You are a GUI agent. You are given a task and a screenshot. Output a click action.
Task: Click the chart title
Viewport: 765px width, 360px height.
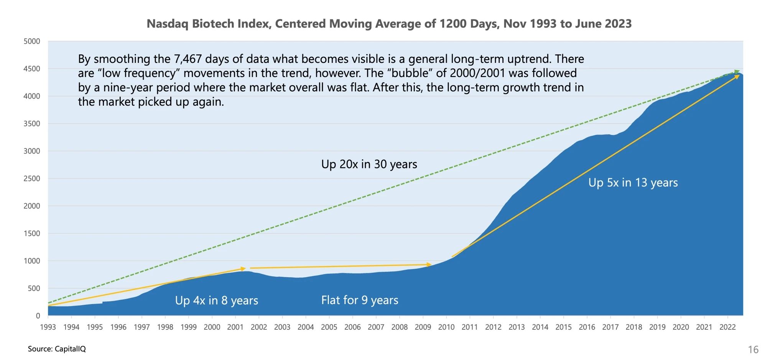tap(389, 24)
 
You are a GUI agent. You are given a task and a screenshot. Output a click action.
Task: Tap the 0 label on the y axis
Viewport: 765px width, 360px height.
tap(38, 316)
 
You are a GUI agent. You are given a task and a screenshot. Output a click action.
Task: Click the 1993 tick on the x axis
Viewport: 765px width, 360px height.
tap(48, 327)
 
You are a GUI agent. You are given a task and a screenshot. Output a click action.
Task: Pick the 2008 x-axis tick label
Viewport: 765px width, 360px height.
tap(399, 327)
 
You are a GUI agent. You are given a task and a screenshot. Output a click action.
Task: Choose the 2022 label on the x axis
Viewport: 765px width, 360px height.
tap(727, 327)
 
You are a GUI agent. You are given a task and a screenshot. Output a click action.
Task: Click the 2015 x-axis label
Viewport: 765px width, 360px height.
tap(563, 327)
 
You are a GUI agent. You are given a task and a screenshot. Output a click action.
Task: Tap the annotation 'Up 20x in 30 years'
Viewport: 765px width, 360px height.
tap(369, 164)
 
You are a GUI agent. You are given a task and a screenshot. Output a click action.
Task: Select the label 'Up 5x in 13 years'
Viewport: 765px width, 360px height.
tap(633, 182)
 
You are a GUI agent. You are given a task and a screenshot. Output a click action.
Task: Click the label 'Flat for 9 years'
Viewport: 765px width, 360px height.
tap(360, 300)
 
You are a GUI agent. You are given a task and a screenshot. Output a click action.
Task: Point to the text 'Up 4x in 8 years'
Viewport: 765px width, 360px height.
tap(216, 300)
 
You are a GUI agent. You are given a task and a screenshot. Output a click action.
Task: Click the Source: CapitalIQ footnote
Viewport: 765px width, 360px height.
tap(57, 349)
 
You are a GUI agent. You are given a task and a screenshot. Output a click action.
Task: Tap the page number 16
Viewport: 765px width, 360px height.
tap(753, 350)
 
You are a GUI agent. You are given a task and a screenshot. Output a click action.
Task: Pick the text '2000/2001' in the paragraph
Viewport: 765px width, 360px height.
tap(472, 73)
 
